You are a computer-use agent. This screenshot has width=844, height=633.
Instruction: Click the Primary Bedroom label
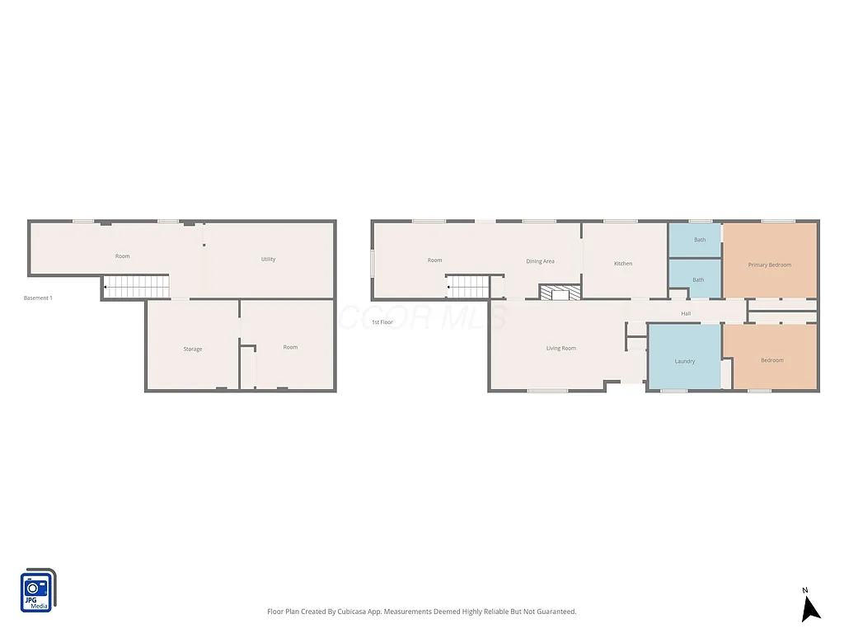point(769,265)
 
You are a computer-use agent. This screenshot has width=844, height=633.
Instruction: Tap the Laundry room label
point(684,361)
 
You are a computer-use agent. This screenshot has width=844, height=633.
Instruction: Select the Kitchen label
point(623,263)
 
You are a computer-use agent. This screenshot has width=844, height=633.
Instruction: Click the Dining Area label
point(540,261)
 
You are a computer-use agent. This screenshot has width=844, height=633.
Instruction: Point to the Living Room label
point(560,348)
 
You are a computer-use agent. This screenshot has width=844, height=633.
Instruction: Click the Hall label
point(686,313)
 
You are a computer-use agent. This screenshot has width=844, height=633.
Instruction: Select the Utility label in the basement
point(268,259)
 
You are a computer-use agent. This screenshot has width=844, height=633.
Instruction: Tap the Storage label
point(192,349)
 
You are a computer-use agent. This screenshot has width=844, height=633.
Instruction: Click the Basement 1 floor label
point(38,298)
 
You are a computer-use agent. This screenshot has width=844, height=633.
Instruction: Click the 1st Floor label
point(382,321)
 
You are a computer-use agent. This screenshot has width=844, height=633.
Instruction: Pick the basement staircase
point(137,287)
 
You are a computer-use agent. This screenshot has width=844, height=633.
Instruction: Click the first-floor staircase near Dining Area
point(469,287)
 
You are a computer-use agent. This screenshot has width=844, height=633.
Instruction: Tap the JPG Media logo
point(37,590)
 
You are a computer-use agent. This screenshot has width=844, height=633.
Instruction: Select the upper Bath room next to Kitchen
point(699,240)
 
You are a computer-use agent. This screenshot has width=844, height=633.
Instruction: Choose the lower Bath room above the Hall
point(697,279)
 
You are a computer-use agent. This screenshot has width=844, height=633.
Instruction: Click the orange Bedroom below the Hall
point(771,360)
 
